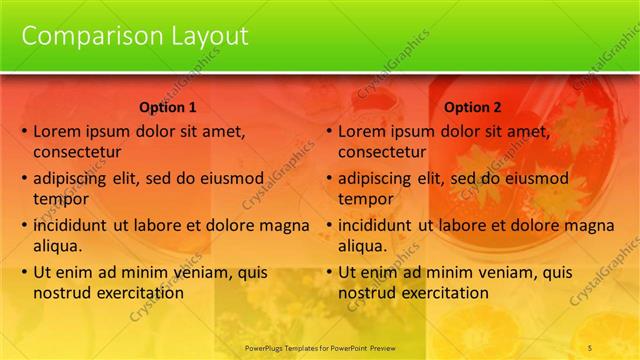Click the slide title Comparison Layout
[x=135, y=36]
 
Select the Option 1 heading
[x=168, y=107]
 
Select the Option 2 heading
[x=473, y=107]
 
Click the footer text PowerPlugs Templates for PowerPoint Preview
[x=320, y=348]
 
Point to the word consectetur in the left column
[x=77, y=153]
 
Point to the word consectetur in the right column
[x=382, y=153]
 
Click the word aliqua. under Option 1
[x=58, y=246]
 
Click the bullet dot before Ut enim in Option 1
[x=25, y=272]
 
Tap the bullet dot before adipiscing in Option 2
[x=330, y=179]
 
